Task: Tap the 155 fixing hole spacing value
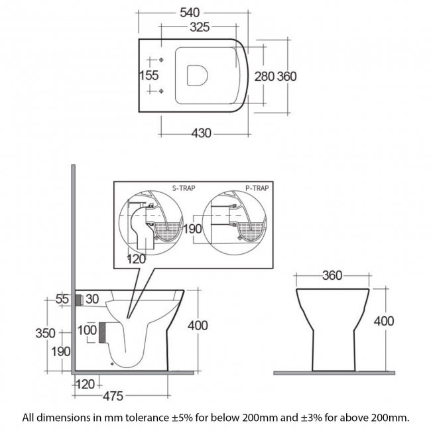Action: pyautogui.click(x=149, y=76)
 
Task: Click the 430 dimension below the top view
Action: pyautogui.click(x=201, y=133)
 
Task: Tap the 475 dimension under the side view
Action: pyautogui.click(x=113, y=396)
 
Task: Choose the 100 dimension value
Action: pyautogui.click(x=87, y=330)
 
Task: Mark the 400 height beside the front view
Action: pyautogui.click(x=384, y=321)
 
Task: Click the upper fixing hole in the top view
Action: pyautogui.click(x=162, y=60)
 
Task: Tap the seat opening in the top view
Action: pyautogui.click(x=197, y=76)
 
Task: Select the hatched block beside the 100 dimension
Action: pyautogui.click(x=103, y=332)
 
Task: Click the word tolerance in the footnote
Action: pyautogui.click(x=156, y=418)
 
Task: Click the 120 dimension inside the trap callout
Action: pyautogui.click(x=136, y=259)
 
